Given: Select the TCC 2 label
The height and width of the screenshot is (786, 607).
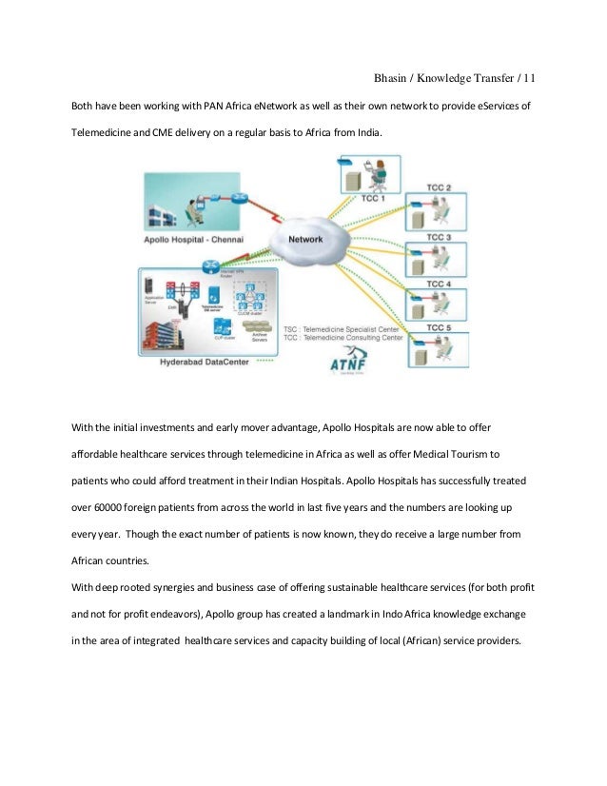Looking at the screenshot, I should pos(439,187).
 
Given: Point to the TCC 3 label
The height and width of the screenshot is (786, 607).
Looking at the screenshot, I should pos(439,236).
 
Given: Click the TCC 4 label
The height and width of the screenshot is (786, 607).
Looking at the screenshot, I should pos(439,283).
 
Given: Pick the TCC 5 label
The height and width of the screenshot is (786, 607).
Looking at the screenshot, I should pos(439,328).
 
